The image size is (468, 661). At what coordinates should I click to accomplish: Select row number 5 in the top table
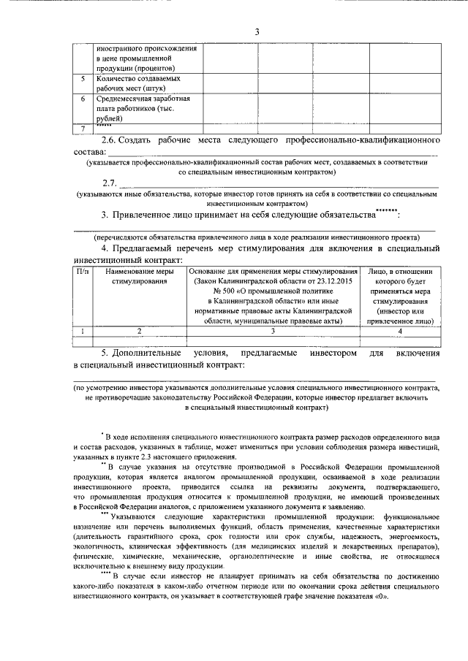tap(83, 77)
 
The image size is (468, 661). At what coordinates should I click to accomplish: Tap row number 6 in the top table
tap(83, 99)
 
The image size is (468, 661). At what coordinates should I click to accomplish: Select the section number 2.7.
tap(110, 181)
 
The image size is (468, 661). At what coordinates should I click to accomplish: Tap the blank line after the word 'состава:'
tap(271, 153)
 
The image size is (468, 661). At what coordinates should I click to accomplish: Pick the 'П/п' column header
tap(83, 272)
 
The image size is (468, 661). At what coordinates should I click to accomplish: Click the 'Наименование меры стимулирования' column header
tap(139, 278)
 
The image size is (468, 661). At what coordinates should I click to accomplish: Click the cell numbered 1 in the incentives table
tap(83, 331)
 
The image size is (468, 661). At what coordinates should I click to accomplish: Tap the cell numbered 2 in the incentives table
tap(139, 331)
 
